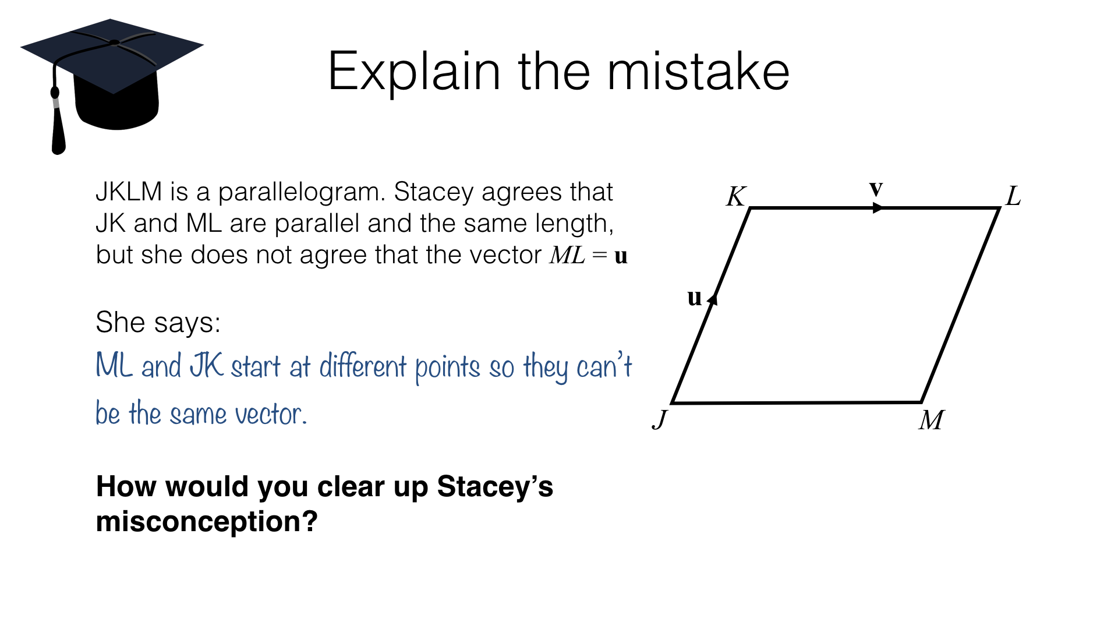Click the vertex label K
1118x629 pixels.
(736, 196)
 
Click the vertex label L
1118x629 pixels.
(1013, 196)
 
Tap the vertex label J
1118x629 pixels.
(660, 419)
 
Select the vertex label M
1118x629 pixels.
(932, 420)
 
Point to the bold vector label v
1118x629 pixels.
(876, 188)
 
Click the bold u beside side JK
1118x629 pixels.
(695, 298)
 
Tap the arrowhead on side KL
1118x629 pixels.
(878, 208)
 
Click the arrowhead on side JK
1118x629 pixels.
(713, 299)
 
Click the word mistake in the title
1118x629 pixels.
(699, 72)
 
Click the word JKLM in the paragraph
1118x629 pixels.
(129, 192)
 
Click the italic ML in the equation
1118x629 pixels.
(567, 255)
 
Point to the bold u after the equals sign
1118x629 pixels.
(621, 256)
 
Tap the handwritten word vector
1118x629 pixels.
(271, 414)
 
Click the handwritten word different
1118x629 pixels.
(363, 366)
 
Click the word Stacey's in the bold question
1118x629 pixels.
(495, 486)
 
